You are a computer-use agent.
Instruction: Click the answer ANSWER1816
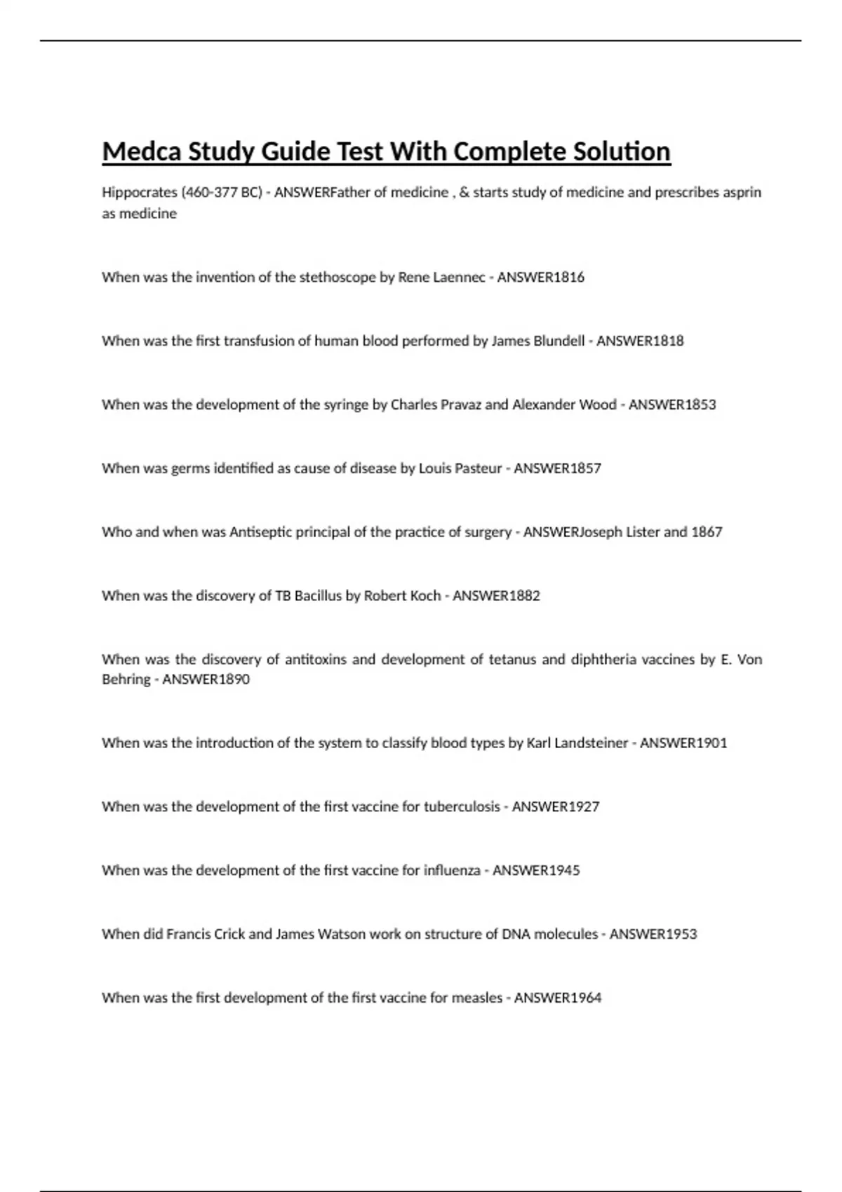[540, 277]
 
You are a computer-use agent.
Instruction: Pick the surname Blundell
[559, 341]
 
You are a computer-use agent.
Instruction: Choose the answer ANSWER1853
[672, 405]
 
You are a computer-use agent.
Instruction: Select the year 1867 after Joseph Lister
[707, 532]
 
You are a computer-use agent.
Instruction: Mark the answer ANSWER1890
[206, 679]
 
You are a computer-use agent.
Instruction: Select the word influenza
[452, 871]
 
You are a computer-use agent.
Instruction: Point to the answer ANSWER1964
[558, 998]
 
